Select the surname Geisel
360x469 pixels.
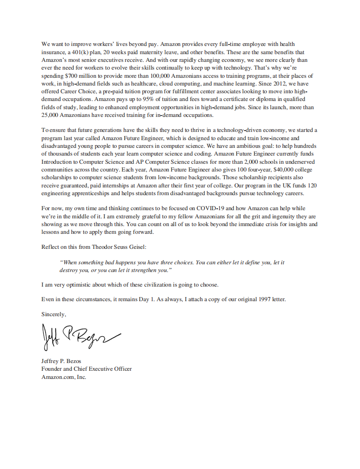[x=137, y=247]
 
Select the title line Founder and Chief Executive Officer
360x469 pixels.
[x=86, y=369]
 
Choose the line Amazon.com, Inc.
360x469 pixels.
[x=64, y=377]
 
